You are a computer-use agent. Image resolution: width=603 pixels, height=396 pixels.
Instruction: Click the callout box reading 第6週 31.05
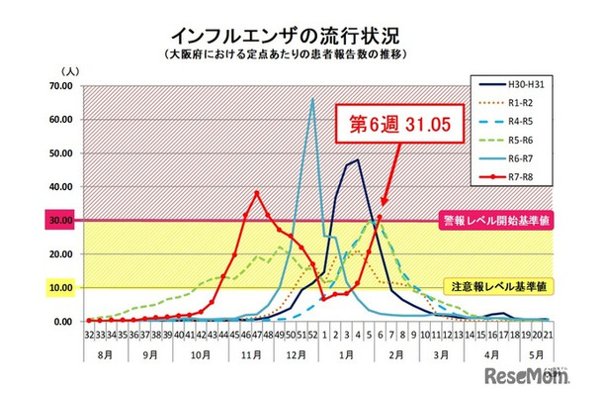393,126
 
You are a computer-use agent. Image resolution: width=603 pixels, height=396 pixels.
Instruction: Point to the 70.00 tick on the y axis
62,86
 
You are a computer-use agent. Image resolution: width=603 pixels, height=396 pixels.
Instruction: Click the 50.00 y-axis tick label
62,153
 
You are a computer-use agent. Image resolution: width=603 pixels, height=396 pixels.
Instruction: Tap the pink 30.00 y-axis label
62,221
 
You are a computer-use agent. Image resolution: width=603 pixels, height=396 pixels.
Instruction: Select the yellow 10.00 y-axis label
62,288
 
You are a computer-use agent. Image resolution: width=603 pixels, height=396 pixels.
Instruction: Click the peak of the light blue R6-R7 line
312,99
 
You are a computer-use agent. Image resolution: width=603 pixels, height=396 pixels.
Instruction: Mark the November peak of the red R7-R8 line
257,193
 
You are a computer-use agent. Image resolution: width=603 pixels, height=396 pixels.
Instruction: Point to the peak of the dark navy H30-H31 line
356,159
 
